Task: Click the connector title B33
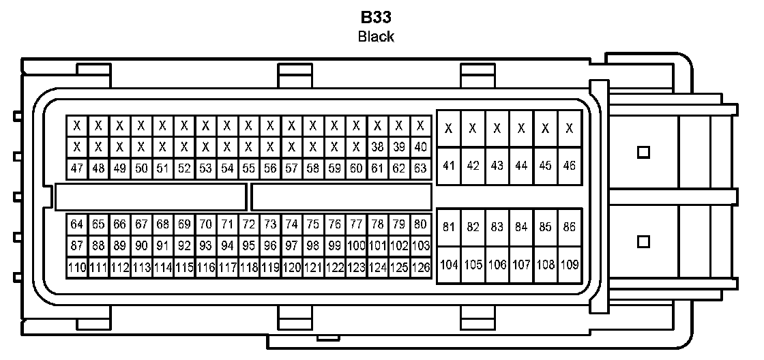click(x=377, y=17)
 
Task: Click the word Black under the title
click(x=376, y=37)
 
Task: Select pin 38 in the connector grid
click(x=377, y=147)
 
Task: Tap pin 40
click(x=421, y=147)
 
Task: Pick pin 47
click(x=77, y=168)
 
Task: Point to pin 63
click(x=421, y=168)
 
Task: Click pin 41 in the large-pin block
click(x=449, y=165)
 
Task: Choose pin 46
click(x=569, y=165)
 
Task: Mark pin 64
click(x=77, y=224)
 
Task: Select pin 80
click(x=421, y=224)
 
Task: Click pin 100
click(x=356, y=245)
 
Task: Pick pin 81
click(x=449, y=227)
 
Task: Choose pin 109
click(x=569, y=265)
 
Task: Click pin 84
click(x=521, y=227)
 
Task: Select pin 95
click(x=249, y=245)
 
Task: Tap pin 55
click(x=249, y=168)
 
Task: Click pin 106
click(x=497, y=265)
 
